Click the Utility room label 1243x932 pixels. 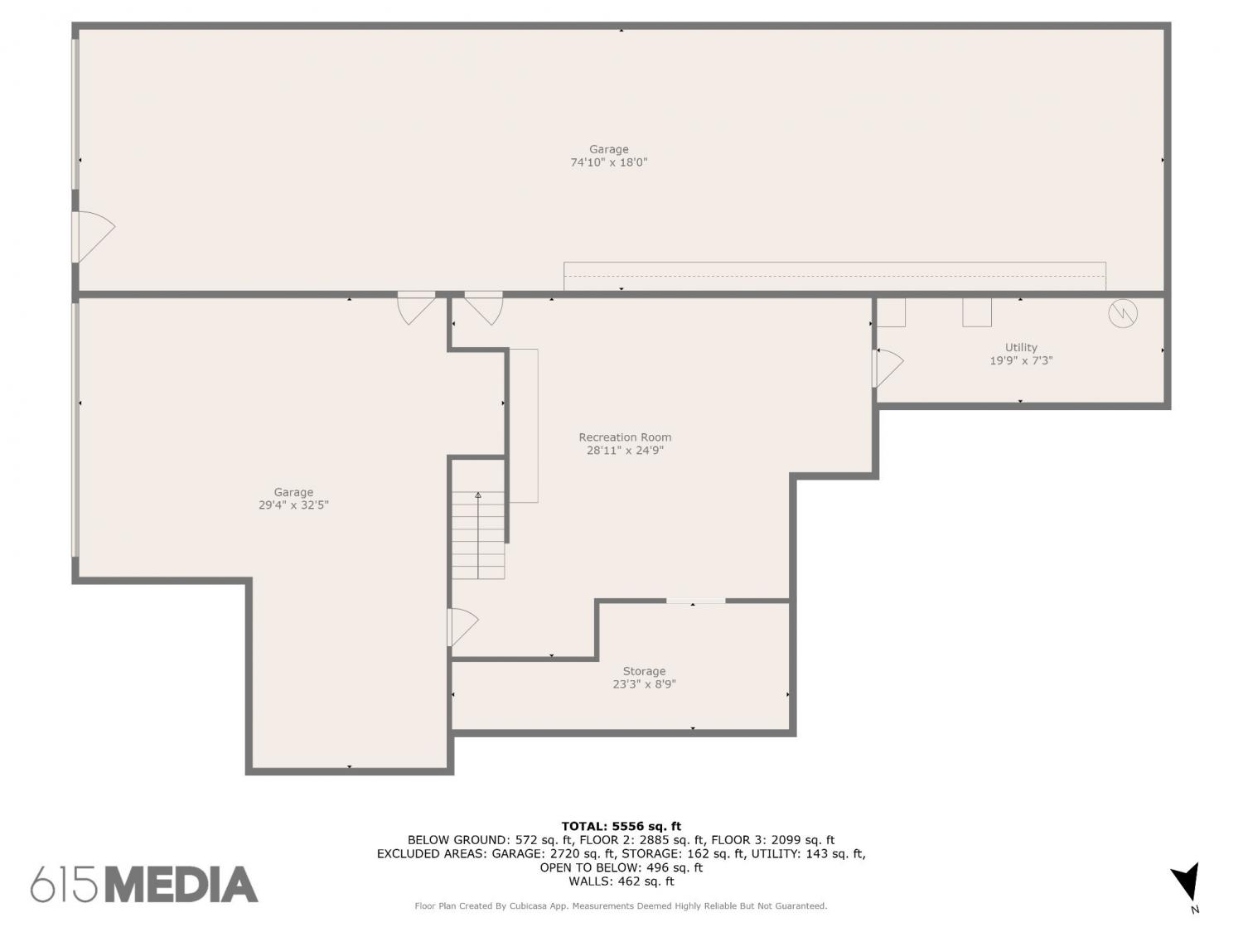1020,347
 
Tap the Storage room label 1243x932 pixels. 644,671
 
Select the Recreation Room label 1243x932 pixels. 625,437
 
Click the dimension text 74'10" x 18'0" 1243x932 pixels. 609,162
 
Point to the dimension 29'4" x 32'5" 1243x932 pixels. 293,505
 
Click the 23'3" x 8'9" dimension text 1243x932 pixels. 644,684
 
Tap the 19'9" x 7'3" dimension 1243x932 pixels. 1020,360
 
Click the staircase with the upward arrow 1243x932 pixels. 478,534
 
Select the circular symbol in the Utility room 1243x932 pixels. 1122,313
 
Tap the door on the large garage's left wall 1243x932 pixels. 94,237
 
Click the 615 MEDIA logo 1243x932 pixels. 144,885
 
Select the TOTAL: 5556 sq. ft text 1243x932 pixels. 621,826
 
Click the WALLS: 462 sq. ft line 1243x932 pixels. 621,881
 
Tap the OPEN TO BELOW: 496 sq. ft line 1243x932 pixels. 621,867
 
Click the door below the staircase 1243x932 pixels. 463,627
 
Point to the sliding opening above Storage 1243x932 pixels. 695,601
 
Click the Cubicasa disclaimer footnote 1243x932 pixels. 621,906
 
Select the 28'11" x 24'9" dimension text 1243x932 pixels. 625,451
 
